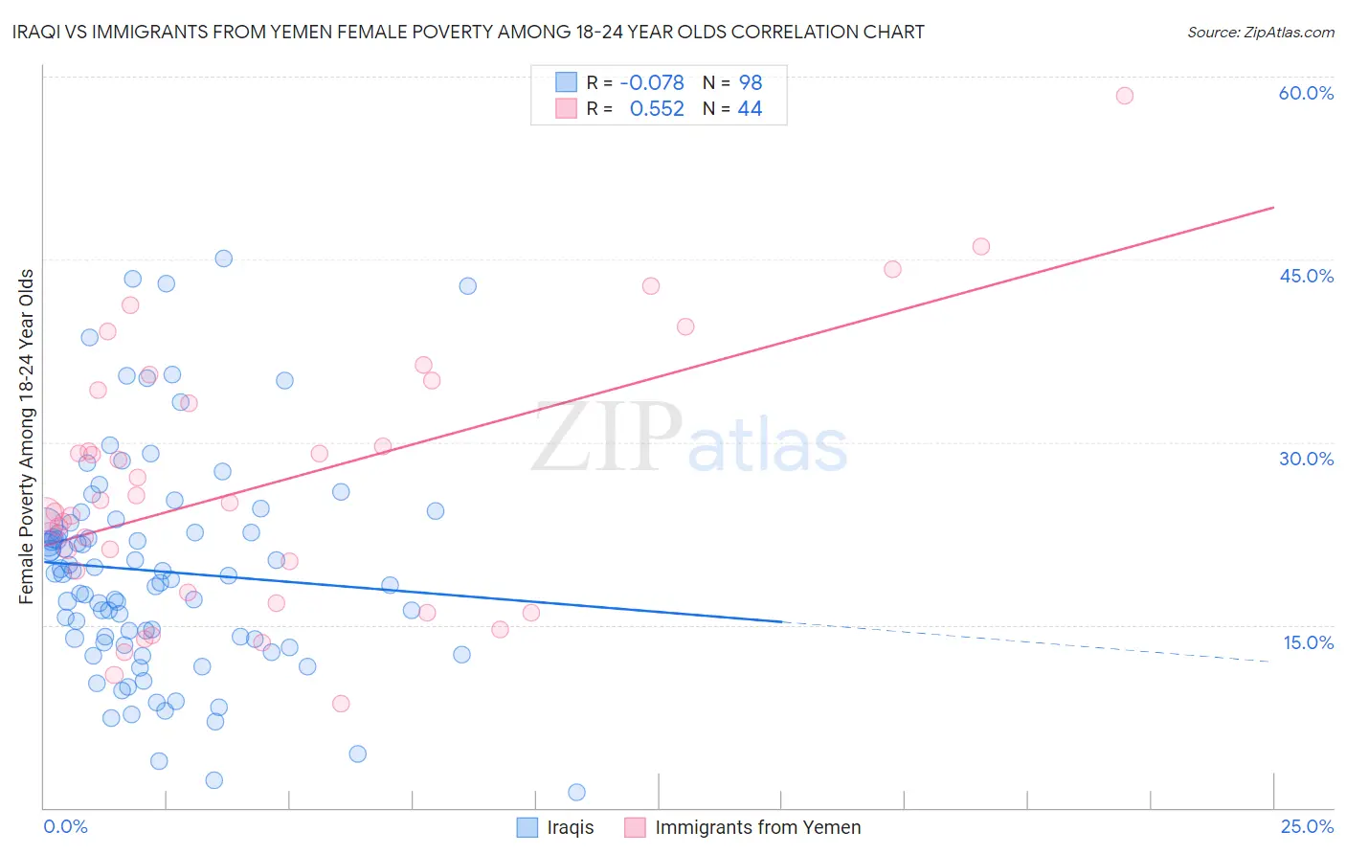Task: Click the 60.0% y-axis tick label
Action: click(1306, 93)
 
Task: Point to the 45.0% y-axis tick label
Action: click(1306, 276)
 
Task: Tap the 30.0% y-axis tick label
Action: click(1306, 459)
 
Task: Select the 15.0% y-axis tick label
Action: click(1308, 642)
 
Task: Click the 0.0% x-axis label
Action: click(65, 826)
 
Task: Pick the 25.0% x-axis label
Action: click(1307, 826)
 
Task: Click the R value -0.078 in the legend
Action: click(652, 83)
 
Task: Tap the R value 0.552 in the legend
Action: click(657, 109)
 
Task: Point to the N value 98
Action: click(750, 83)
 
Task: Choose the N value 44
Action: click(750, 109)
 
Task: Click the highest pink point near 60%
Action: click(1124, 96)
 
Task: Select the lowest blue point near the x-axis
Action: click(576, 792)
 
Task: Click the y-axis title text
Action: click(27, 437)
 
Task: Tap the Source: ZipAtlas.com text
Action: click(1260, 33)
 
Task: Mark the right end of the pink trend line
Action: click(1272, 208)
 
